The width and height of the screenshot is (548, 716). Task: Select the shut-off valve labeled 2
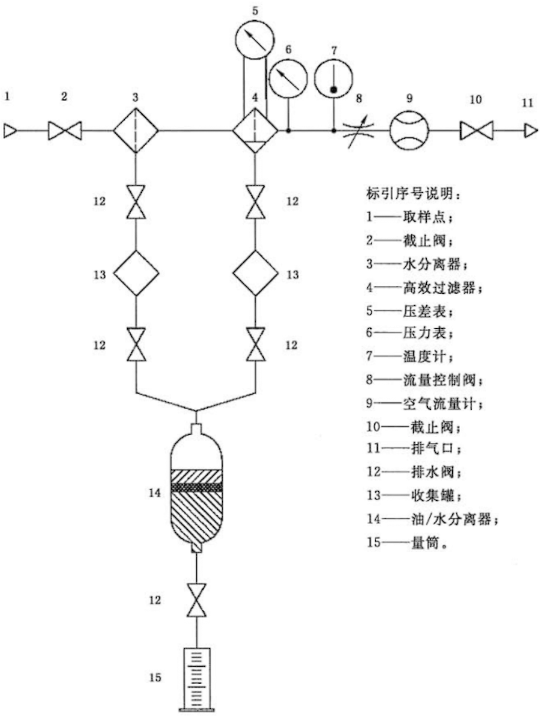[65, 130]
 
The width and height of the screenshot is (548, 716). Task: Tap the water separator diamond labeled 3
[136, 130]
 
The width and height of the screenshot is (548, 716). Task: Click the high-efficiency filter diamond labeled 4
[255, 130]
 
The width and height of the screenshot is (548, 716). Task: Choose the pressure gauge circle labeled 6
[288, 78]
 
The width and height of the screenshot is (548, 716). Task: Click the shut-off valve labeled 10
[477, 130]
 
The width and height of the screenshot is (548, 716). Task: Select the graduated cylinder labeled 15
[196, 679]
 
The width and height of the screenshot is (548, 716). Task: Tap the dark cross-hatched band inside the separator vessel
[196, 487]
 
